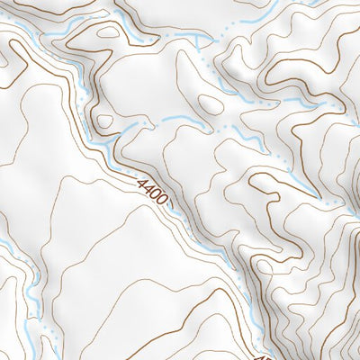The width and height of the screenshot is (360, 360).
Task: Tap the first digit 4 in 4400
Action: coord(143,183)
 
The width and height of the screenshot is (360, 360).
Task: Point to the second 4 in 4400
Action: coord(149,188)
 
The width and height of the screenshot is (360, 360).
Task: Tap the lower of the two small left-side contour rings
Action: coord(104,121)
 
